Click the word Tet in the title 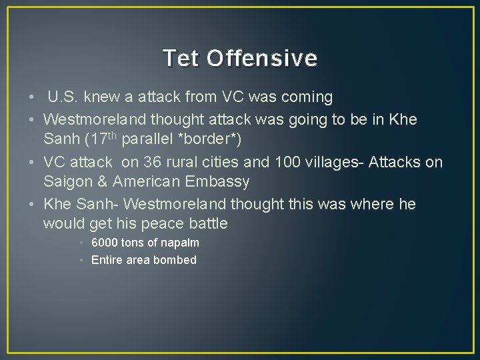pos(181,59)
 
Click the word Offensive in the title pos(262,59)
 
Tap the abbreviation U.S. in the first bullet pos(64,97)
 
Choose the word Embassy pos(219,181)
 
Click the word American pos(148,181)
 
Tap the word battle pos(209,223)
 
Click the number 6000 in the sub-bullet pos(104,243)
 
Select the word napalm pos(180,243)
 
